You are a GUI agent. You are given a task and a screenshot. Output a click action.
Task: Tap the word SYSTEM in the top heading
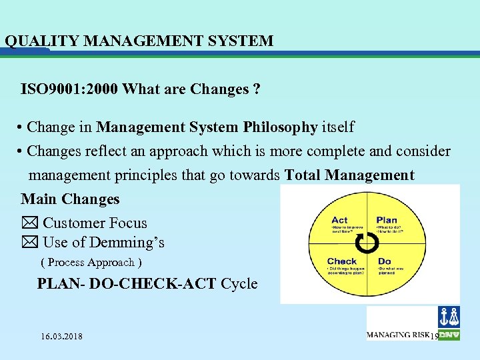pos(243,41)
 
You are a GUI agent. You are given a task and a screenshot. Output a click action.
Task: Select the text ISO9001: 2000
pos(70,89)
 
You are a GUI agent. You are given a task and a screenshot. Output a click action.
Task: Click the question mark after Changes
pos(257,89)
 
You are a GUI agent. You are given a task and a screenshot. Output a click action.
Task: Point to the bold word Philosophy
pos(280,127)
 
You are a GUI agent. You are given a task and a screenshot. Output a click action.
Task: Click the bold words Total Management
pos(349,175)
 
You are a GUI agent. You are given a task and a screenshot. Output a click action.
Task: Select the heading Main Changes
pos(70,199)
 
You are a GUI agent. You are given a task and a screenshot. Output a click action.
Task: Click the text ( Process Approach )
pos(91,263)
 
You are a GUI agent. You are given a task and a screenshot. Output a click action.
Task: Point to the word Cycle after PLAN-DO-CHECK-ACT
pos(239,283)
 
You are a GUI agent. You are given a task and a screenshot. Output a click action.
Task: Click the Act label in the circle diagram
pos(339,220)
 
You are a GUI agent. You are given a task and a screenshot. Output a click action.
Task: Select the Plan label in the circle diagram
pos(387,220)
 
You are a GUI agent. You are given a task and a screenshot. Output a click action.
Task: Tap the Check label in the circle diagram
pos(342,261)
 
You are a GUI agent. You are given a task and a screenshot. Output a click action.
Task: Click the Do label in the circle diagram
pos(384,261)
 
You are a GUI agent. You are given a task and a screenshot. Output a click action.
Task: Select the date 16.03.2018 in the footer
pos(61,336)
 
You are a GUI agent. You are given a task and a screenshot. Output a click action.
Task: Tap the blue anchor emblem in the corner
pos(449,317)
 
